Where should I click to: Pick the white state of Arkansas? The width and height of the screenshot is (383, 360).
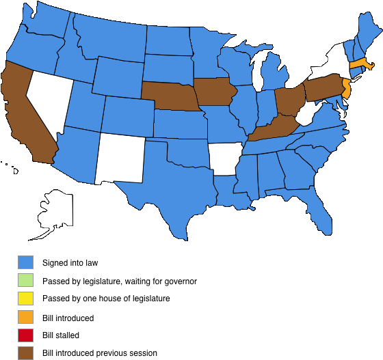(224, 160)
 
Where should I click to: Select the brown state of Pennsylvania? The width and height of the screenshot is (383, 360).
(322, 88)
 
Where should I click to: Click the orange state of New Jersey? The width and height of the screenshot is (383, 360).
(346, 88)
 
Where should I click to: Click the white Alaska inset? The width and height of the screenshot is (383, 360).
(55, 209)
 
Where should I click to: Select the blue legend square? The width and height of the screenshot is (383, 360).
(25, 262)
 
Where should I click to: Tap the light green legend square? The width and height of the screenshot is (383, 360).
(25, 280)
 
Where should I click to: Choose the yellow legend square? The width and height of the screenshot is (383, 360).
(25, 299)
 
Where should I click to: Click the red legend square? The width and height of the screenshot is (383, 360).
(25, 335)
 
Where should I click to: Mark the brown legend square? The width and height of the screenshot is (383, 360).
(25, 352)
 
